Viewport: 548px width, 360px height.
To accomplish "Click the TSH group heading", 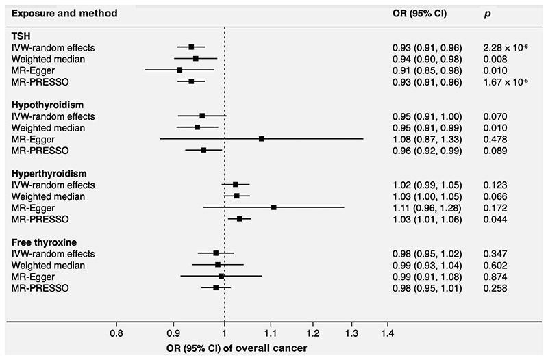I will coord(21,35).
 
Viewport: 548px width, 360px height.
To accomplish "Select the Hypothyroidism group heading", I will coord(45,104).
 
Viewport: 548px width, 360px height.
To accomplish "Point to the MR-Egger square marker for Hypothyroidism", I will coord(261,138).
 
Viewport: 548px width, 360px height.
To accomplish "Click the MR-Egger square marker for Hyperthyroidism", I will coord(274,207).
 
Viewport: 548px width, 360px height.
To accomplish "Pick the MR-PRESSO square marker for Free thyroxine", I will coord(216,287).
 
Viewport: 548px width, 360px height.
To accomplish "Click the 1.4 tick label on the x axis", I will coord(387,334).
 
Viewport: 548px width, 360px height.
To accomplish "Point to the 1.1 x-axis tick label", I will coord(271,334).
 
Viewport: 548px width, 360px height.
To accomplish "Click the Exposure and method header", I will coord(63,13).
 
